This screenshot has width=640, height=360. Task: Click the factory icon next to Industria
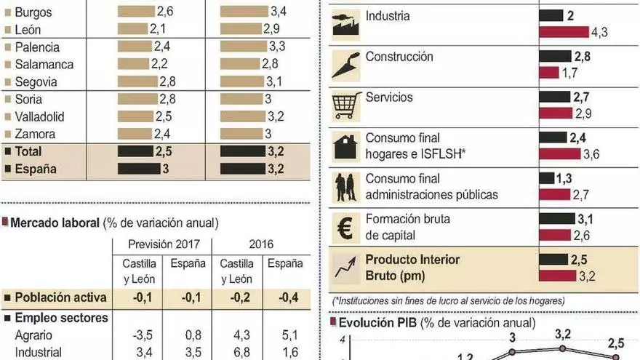[x=344, y=25]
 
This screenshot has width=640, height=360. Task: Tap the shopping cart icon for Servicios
[x=344, y=105]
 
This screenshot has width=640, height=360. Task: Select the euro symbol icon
[x=344, y=227]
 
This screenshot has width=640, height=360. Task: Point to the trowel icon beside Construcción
[x=344, y=65]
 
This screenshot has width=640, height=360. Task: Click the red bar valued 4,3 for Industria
[x=564, y=32]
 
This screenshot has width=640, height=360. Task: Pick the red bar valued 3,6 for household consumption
[x=560, y=153]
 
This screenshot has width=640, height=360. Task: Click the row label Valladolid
[x=40, y=116]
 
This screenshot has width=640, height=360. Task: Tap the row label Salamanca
[x=44, y=64]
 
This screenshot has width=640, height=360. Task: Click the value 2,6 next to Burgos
[x=165, y=12]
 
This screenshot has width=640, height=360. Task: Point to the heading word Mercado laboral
[x=54, y=223]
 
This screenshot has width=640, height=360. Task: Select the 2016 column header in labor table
[x=261, y=244]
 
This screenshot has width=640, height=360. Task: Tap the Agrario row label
[x=34, y=335]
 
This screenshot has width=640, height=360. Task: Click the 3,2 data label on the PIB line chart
[x=563, y=335]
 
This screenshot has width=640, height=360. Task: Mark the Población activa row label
[x=61, y=297]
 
